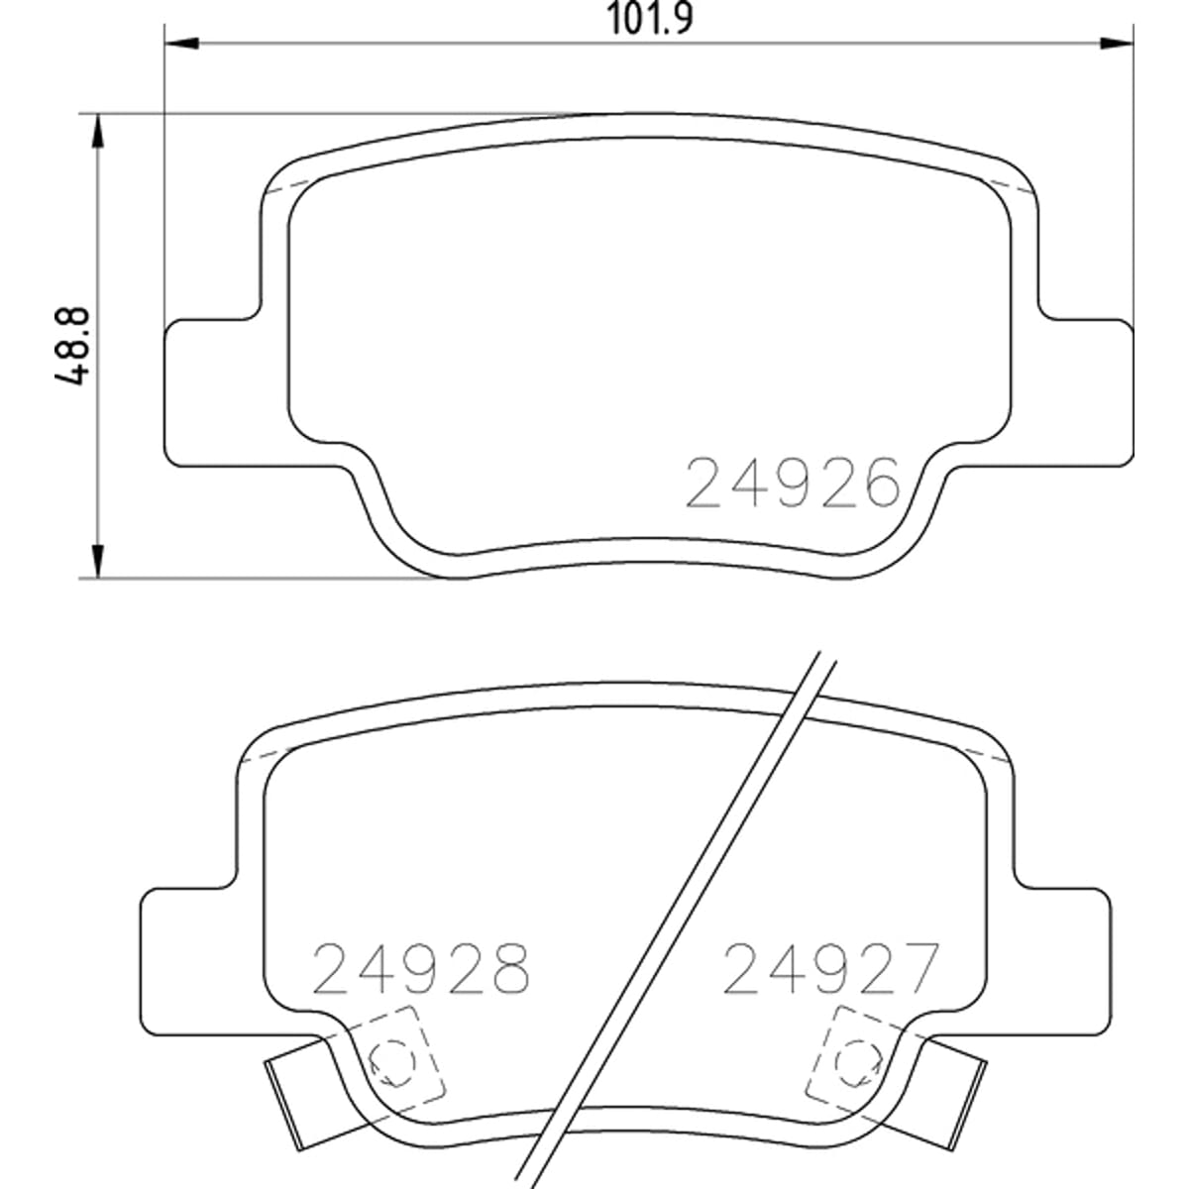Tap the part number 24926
pyautogui.click(x=793, y=484)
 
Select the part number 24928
pyautogui.click(x=421, y=968)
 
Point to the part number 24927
pyautogui.click(x=831, y=967)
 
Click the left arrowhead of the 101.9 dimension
pyautogui.click(x=182, y=44)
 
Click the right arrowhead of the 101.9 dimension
pyautogui.click(x=1118, y=44)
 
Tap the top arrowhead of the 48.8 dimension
pyautogui.click(x=97, y=131)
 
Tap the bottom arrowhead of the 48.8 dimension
pyautogui.click(x=97, y=562)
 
